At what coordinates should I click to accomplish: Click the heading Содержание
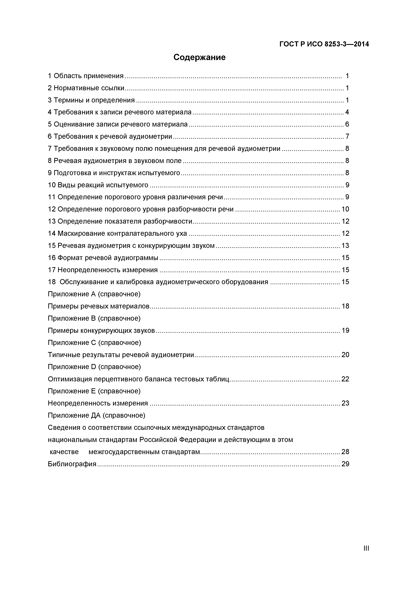[x=199, y=57]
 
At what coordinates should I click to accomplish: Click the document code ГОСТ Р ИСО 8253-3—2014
[x=324, y=44]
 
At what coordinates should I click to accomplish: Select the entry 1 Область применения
[x=86, y=76]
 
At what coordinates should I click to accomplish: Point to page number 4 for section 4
[x=347, y=112]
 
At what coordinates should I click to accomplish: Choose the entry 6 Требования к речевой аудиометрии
[x=110, y=136]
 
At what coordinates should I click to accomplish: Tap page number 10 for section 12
[x=345, y=209]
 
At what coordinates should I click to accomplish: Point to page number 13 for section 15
[x=345, y=246]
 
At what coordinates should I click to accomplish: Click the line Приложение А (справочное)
[x=94, y=294]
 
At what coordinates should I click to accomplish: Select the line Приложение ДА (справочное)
[x=96, y=415]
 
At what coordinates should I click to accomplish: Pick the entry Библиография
[x=72, y=464]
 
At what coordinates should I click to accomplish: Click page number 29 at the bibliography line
[x=345, y=464]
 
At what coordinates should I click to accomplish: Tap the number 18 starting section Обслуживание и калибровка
[x=52, y=282]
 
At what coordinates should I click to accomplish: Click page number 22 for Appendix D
[x=345, y=379]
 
